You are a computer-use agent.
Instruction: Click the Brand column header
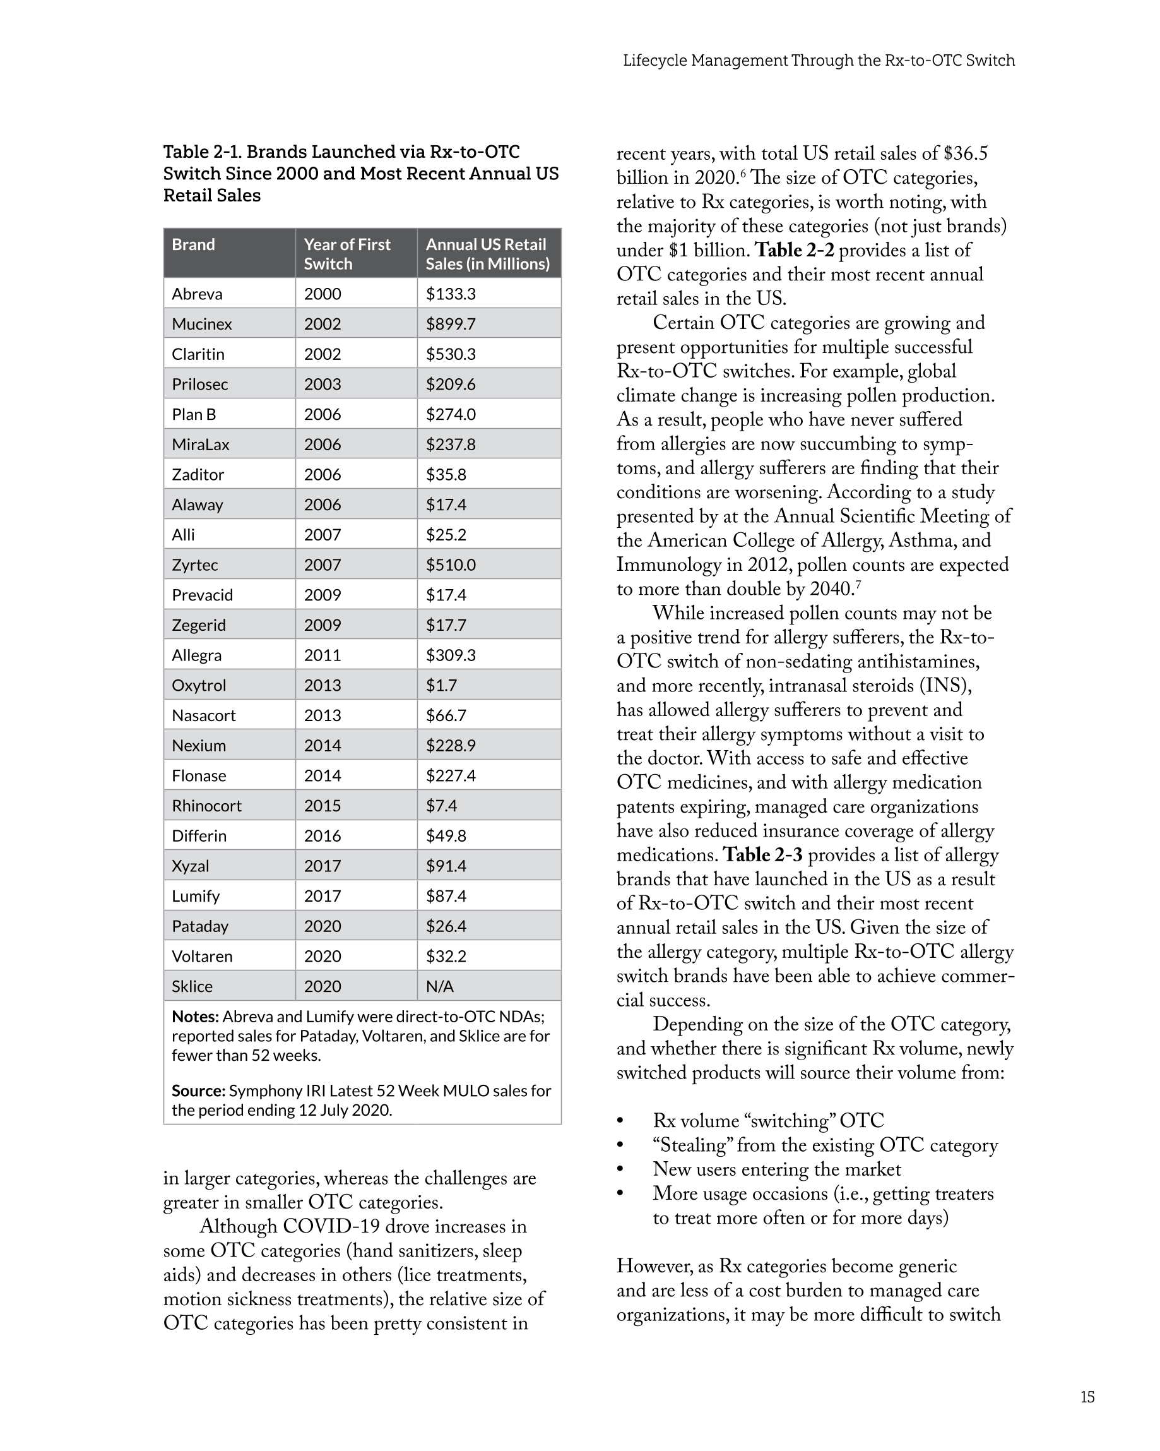[193, 245]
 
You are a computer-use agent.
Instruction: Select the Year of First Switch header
[346, 254]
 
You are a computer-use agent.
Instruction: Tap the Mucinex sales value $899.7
[450, 324]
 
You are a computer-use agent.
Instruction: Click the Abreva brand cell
[196, 294]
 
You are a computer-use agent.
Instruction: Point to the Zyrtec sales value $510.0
[450, 564]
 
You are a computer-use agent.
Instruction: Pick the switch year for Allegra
[323, 655]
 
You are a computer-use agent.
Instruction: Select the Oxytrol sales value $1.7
[441, 685]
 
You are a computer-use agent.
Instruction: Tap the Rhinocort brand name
[206, 806]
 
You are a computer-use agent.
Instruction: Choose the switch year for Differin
[323, 836]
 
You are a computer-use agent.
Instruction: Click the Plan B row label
[194, 415]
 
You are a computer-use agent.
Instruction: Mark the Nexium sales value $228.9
[450, 746]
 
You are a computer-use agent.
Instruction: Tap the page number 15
[1087, 1397]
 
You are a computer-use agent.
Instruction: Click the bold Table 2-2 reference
[794, 251]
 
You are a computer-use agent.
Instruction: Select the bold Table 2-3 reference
[762, 855]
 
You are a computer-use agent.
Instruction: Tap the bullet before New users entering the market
[620, 1169]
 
